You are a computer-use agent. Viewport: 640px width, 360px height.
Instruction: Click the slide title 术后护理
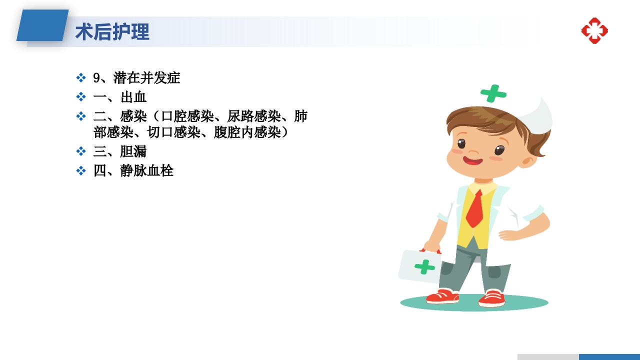point(112,32)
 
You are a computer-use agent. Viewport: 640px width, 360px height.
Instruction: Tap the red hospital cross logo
point(594,30)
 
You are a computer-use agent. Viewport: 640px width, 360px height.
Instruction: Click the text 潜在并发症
point(147,78)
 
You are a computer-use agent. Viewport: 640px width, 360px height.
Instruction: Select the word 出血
point(133,97)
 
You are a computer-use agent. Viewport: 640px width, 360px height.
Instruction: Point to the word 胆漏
point(133,151)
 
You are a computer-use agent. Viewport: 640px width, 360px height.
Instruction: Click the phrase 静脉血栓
point(147,170)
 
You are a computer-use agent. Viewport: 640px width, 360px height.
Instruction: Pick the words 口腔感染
point(187,116)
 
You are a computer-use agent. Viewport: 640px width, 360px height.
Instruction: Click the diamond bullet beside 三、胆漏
point(81,151)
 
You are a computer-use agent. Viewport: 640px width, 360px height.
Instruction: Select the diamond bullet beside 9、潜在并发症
point(81,78)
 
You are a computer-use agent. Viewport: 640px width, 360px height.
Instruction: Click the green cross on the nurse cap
point(493,93)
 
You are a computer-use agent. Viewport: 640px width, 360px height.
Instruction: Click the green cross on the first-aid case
point(424,266)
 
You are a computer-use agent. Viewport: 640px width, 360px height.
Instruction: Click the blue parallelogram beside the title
point(43,25)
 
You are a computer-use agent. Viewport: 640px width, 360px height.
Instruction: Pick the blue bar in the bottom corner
point(609,356)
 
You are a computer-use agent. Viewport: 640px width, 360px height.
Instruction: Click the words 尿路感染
point(254,116)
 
